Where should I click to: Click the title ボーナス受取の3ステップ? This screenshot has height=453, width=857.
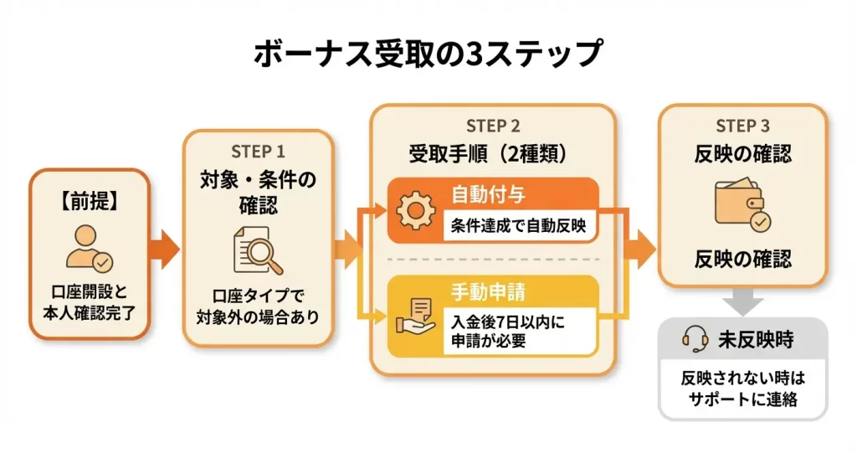[428, 53]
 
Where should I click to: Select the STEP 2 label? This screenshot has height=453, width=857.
[493, 126]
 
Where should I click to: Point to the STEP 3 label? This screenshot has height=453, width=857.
[742, 126]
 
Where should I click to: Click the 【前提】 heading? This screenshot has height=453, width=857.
[90, 202]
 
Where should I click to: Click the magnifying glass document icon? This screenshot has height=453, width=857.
[257, 252]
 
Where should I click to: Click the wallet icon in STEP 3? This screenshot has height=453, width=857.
[742, 206]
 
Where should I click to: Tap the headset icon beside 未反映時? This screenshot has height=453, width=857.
[696, 338]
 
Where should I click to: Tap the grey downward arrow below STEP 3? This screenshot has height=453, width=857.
[742, 301]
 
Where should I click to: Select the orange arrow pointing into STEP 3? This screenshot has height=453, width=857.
[641, 249]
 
